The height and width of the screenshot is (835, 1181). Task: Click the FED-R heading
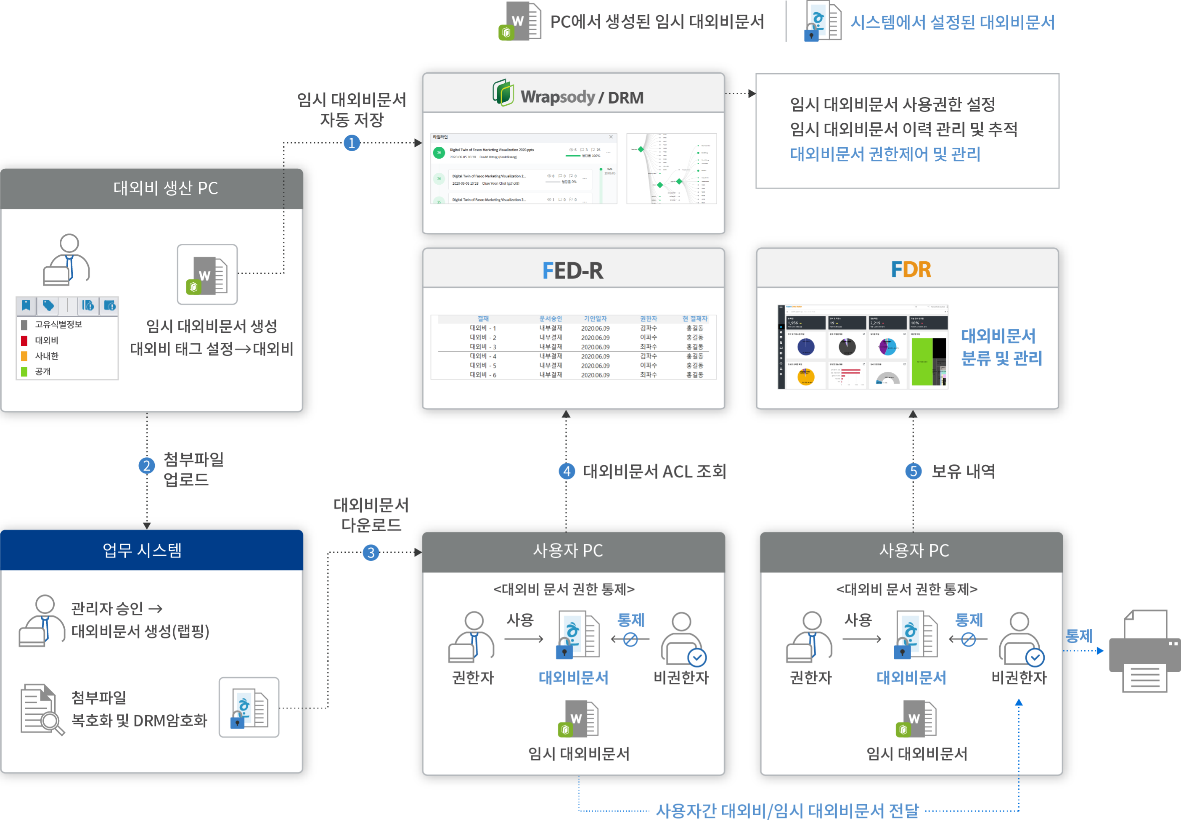pos(572,270)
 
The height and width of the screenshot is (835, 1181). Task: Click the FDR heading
pos(911,270)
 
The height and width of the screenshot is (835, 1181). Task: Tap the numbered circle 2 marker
pos(147,466)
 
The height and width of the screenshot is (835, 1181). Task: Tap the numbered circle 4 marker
pos(567,471)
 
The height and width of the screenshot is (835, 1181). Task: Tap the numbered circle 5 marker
pos(913,471)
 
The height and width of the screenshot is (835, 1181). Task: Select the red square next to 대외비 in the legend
pos(24,340)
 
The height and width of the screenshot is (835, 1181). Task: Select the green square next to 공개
pos(24,371)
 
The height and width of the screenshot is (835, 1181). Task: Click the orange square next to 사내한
pos(24,356)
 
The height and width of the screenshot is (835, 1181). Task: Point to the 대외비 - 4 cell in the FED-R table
pos(482,356)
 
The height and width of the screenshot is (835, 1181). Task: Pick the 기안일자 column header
pos(595,318)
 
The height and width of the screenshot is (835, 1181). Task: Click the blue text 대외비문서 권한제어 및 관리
pos(885,154)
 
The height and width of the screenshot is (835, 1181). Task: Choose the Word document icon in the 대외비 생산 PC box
pos(207,274)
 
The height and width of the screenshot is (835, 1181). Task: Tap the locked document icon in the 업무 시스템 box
pos(249,708)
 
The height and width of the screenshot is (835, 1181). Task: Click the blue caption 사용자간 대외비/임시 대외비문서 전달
pos(787,811)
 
